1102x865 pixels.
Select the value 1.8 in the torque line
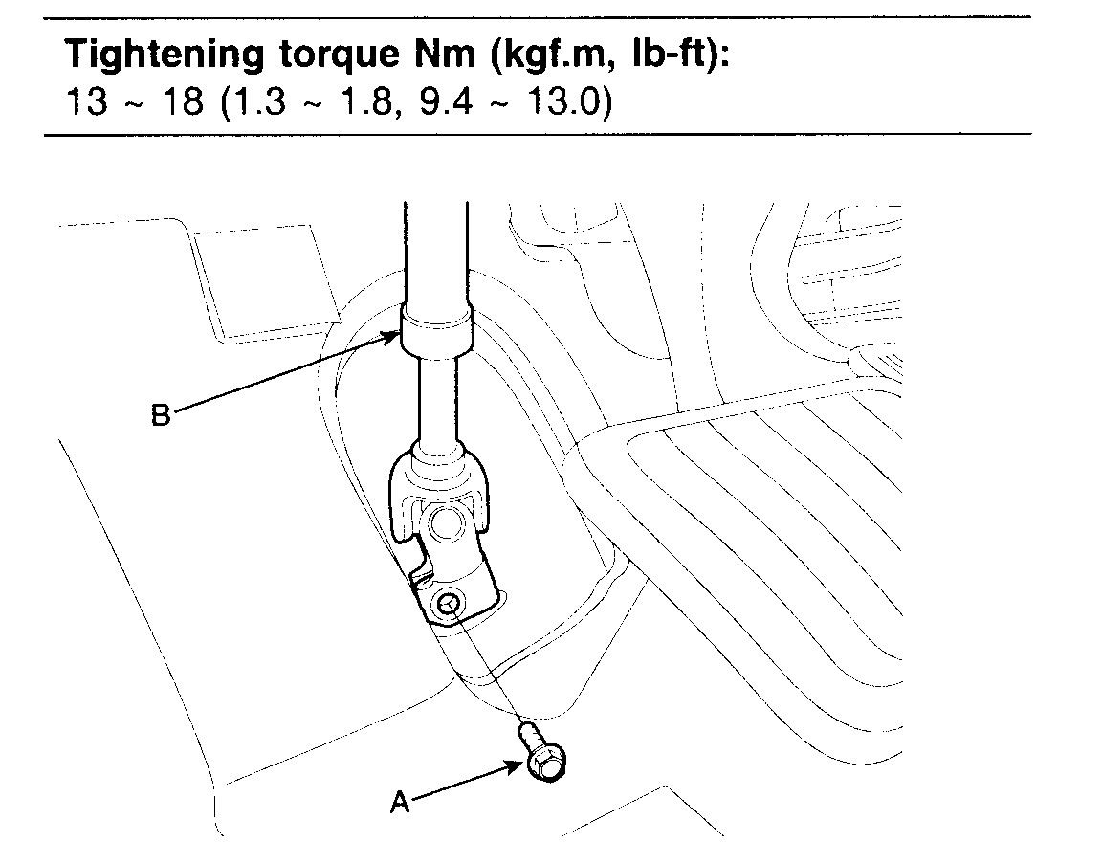pos(350,101)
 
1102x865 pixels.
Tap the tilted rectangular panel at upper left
pos(266,278)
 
